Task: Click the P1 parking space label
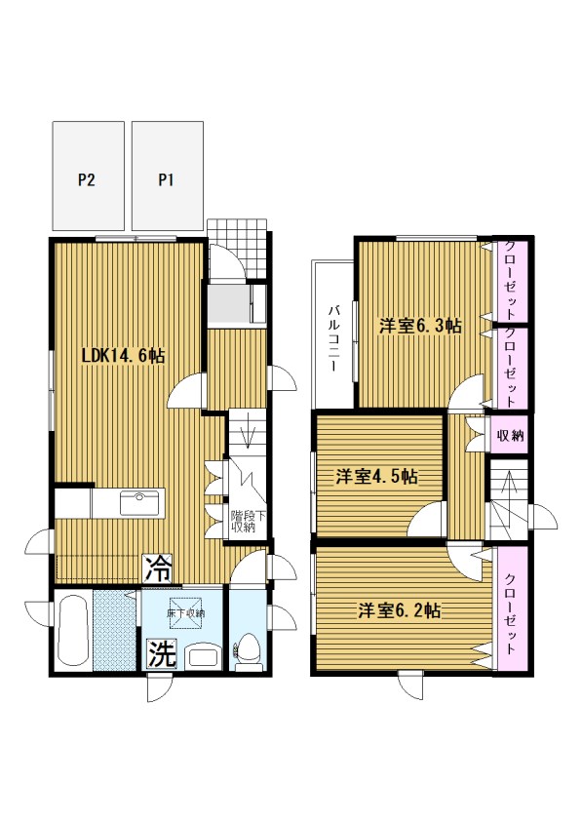pos(166,180)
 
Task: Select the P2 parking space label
pos(87,180)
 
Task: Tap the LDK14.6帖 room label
pos(124,356)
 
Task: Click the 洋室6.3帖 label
pos(421,326)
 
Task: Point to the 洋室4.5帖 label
pos(377,477)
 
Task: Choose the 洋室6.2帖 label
pos(400,611)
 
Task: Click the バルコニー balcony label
pos(332,338)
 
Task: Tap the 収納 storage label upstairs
pos(511,435)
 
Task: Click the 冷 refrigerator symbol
pos(158,568)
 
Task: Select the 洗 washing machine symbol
pos(161,654)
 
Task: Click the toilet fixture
pos(249,651)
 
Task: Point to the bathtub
pos(72,630)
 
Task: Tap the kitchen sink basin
pos(139,504)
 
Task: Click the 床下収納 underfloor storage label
pos(186,613)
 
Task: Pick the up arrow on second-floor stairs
pos(508,487)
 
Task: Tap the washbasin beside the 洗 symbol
pos(203,655)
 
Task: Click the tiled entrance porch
pos(238,249)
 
